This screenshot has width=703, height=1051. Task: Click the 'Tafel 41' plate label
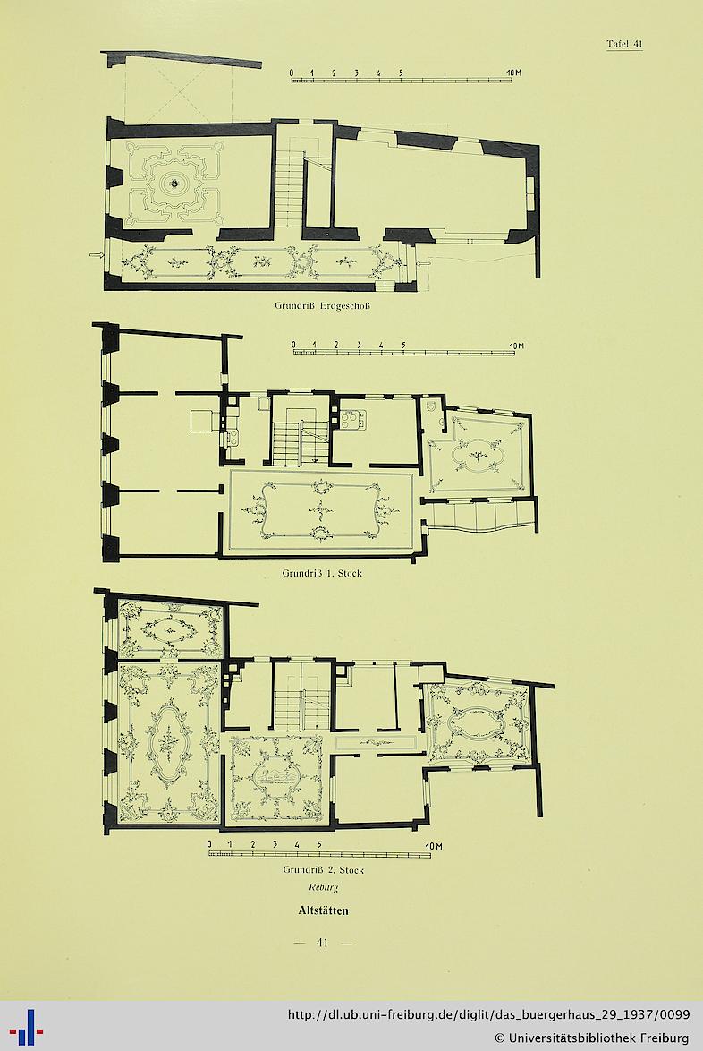(x=624, y=44)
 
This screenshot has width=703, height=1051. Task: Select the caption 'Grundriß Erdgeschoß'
(x=322, y=305)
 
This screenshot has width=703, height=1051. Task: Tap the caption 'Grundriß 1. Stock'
(x=322, y=573)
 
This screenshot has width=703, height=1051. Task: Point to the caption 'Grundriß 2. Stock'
(x=324, y=870)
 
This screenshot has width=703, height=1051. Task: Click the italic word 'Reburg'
(x=324, y=887)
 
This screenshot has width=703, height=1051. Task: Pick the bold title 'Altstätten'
(x=323, y=911)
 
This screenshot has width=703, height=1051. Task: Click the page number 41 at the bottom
(x=322, y=943)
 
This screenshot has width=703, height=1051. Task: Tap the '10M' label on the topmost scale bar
(x=513, y=73)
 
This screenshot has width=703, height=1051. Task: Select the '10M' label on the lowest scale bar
(x=434, y=846)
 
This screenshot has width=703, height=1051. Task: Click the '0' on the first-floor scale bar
(x=294, y=346)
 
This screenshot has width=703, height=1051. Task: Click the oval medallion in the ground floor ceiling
(x=175, y=183)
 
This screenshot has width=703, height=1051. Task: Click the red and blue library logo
(x=26, y=1026)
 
